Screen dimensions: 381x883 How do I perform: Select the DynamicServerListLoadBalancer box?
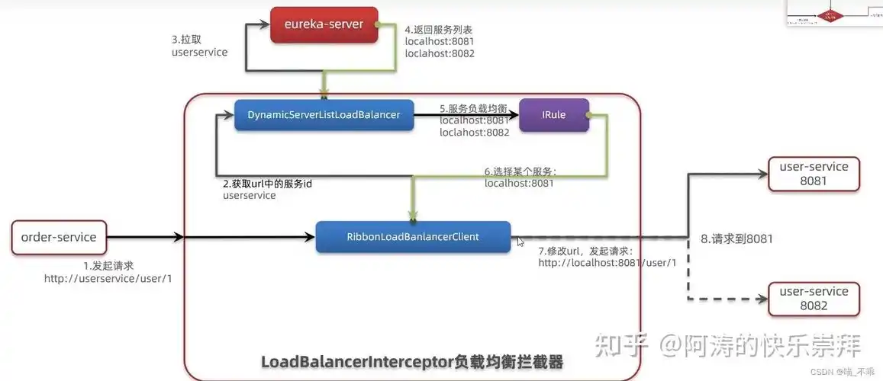coord(324,115)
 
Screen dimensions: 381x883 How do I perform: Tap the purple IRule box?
coord(553,115)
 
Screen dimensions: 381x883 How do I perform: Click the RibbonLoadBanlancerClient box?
coord(413,237)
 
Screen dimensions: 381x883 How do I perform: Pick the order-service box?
coord(59,237)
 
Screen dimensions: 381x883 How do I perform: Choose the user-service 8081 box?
coord(813,174)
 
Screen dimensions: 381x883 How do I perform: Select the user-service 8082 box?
coord(813,299)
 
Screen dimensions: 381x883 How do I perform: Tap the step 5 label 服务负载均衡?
coord(474,108)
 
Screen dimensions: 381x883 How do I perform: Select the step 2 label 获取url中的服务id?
coord(267,184)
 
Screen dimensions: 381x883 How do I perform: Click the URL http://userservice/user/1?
coord(108,278)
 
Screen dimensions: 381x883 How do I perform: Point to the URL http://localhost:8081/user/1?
coord(607,263)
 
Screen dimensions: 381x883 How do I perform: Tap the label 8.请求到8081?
coord(736,239)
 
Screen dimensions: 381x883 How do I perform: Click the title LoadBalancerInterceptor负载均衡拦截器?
coord(412,361)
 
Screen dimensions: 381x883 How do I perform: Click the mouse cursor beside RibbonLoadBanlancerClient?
coord(521,242)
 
